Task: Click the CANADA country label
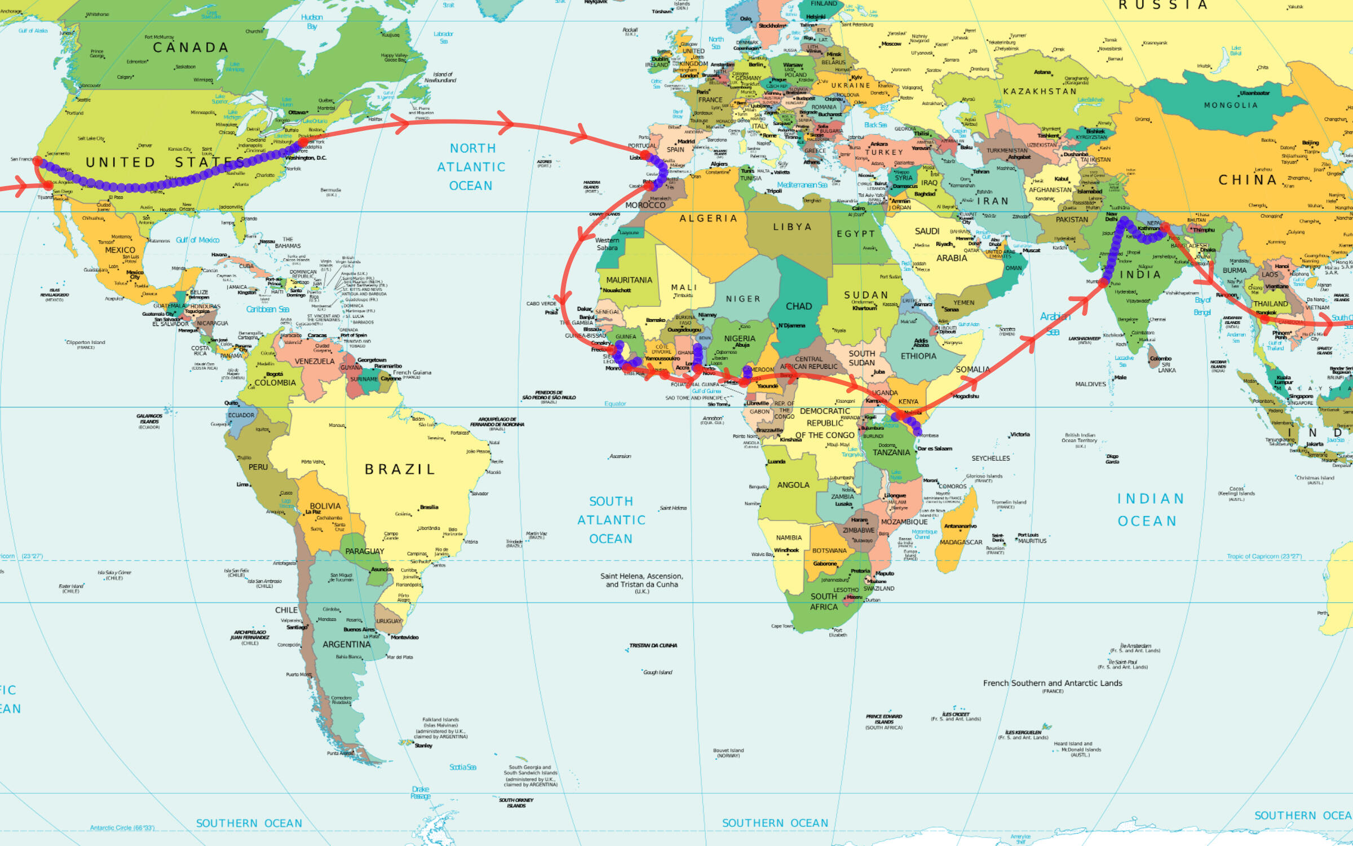tap(191, 48)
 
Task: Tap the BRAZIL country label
tap(400, 469)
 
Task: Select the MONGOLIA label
tap(1231, 105)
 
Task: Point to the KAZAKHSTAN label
tap(1040, 91)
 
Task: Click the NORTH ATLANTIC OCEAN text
tap(471, 167)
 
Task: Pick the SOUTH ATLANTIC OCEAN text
tap(611, 520)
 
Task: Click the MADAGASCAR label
tap(961, 542)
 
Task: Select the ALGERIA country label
tap(708, 218)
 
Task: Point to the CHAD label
tap(799, 306)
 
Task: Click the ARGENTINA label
tap(346, 644)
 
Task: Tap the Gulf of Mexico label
tap(197, 240)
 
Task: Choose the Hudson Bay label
tap(312, 22)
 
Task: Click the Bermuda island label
tap(331, 191)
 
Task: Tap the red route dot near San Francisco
tap(38, 161)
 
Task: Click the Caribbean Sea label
tap(267, 309)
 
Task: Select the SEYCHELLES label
tap(991, 459)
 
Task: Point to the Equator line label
tap(615, 404)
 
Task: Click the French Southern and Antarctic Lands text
tap(1053, 683)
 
